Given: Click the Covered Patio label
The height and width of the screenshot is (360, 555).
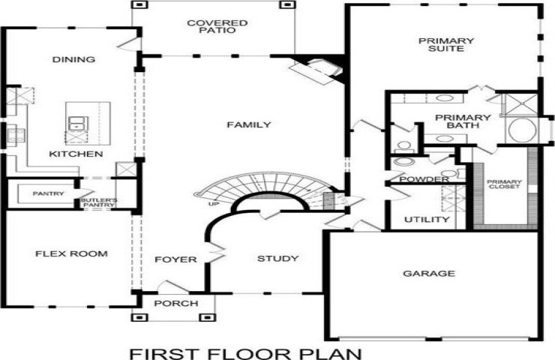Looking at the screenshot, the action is pos(217,27).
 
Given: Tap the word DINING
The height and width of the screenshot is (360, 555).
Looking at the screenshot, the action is pos(73,59).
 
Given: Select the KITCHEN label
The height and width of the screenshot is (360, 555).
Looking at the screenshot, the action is pos(76,154).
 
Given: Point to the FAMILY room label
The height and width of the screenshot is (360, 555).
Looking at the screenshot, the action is pos(249,124).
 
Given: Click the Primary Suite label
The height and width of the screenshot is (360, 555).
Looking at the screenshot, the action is pos(446,44).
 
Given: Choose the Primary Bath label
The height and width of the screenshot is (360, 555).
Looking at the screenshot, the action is pos(463,121).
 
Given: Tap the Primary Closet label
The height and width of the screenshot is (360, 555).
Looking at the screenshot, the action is pos(504,184).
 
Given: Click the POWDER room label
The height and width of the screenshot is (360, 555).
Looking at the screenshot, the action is pos(424,179).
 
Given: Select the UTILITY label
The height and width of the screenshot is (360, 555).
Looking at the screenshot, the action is pos(427,220).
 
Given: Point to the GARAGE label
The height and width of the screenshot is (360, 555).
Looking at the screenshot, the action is pos(429,273).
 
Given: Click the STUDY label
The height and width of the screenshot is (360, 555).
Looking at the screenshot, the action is pos(277,259).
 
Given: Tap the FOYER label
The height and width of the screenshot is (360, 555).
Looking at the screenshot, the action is pos(175,259).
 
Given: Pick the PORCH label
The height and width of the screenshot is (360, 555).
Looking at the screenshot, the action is pos(176,303).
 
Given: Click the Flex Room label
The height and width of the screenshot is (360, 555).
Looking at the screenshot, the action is pos(71,253).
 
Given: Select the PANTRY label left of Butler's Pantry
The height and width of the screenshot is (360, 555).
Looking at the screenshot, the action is pos(49,193).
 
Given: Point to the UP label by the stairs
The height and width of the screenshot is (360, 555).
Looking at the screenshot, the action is pos(214,204).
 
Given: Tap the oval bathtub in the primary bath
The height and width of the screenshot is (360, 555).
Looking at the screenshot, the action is pos(523,130).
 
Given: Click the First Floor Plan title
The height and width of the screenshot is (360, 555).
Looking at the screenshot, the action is pos(246,354).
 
